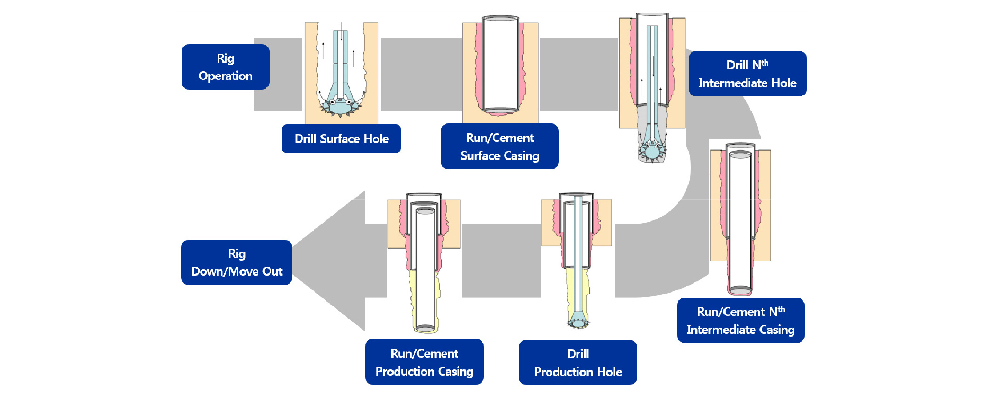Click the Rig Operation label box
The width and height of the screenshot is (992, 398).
[x=225, y=67]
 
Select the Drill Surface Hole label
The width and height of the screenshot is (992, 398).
[x=341, y=139]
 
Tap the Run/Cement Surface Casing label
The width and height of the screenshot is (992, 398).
[x=499, y=146]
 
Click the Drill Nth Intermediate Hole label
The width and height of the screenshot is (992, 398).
[x=747, y=74]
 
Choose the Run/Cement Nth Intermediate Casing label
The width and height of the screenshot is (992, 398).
[x=740, y=321]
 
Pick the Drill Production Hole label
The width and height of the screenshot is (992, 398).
[x=577, y=362]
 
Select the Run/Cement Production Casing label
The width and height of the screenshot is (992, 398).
[x=424, y=362]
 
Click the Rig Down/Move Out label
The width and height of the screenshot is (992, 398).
[x=237, y=262]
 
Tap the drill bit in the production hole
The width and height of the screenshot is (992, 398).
[x=578, y=321]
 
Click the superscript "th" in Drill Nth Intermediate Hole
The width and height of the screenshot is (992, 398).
[x=765, y=63]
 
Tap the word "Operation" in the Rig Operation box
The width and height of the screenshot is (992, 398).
[x=225, y=76]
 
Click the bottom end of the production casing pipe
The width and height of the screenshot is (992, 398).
[x=425, y=329]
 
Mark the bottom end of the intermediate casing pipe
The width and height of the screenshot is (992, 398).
[x=740, y=290]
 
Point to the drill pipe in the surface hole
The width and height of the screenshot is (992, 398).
[x=340, y=58]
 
